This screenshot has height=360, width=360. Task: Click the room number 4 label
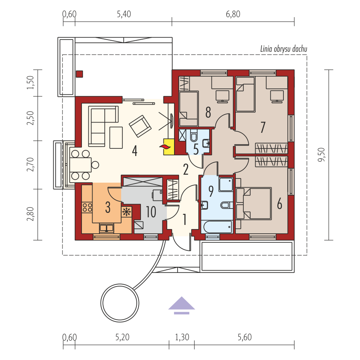click(135, 151)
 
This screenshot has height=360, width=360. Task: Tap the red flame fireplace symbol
click(165, 147)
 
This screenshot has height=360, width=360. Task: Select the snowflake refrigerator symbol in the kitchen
click(126, 212)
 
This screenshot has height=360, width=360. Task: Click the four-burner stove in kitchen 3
click(87, 207)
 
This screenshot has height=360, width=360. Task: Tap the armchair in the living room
click(140, 126)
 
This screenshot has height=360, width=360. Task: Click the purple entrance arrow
click(182, 305)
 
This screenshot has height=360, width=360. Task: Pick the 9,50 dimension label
click(322, 155)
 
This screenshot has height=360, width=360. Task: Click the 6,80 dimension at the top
click(233, 14)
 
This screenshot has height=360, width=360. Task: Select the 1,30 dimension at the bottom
click(182, 337)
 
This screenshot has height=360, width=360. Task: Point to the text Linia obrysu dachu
click(284, 49)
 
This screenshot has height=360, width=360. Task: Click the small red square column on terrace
click(79, 74)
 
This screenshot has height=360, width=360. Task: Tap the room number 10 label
click(151, 212)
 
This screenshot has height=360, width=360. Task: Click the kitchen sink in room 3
click(106, 228)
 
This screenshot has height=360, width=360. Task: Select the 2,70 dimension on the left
click(30, 164)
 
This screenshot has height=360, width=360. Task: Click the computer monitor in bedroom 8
click(222, 96)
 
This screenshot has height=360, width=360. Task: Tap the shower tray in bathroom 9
click(226, 184)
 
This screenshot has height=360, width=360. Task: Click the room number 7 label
click(263, 127)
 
